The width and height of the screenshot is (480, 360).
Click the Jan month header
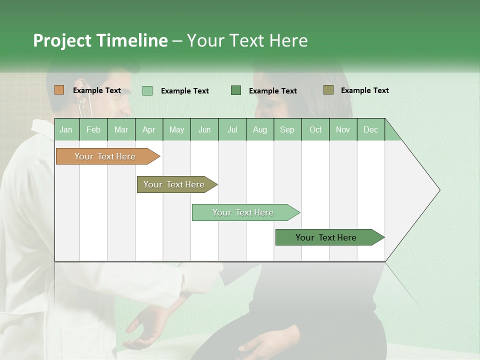pyautogui.click(x=66, y=129)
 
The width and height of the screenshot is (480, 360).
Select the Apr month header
pyautogui.click(x=149, y=129)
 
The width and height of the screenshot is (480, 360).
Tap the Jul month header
pyautogui.click(x=232, y=129)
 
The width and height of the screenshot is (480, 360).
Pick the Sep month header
pyautogui.click(x=287, y=129)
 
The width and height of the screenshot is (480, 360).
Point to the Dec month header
pyautogui.click(x=370, y=129)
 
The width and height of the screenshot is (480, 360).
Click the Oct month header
pyautogui.click(x=315, y=129)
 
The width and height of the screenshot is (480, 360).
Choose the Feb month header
pyautogui.click(x=93, y=129)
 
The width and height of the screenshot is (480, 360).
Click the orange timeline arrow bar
pyautogui.click(x=105, y=156)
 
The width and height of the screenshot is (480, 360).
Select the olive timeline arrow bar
pyautogui.click(x=174, y=184)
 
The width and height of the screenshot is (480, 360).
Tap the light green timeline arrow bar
pyautogui.click(x=243, y=212)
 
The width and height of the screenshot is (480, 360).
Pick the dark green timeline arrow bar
pyautogui.click(x=326, y=237)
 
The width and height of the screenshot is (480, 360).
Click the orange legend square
pyautogui.click(x=59, y=90)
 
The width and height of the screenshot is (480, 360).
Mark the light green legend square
pyautogui.click(x=147, y=90)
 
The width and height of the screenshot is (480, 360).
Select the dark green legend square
pyautogui.click(x=236, y=90)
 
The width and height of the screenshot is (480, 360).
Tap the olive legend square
pyautogui.click(x=328, y=90)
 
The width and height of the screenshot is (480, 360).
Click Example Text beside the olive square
pyautogui.click(x=364, y=90)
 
